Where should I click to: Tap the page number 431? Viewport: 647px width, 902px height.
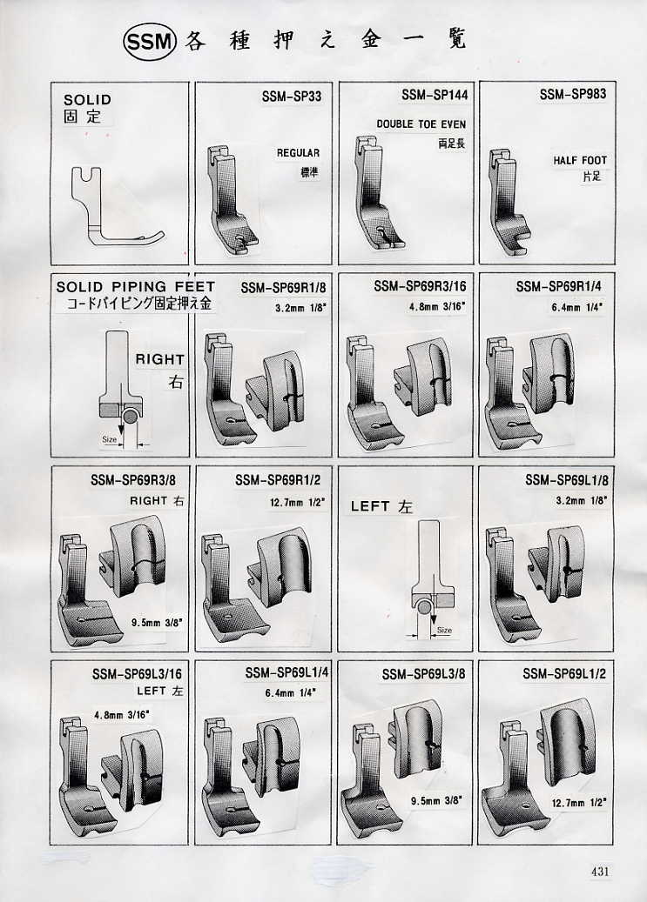(x=600, y=871)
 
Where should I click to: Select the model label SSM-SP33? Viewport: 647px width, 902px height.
(x=292, y=96)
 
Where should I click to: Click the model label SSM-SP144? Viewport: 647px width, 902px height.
(x=435, y=95)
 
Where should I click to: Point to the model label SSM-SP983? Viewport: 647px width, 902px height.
(x=573, y=94)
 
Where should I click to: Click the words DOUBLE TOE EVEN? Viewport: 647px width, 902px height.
(x=421, y=124)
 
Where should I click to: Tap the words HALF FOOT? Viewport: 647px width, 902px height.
(x=580, y=161)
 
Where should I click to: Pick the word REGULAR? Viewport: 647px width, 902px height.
(x=298, y=153)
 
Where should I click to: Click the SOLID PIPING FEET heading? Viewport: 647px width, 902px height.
(x=135, y=286)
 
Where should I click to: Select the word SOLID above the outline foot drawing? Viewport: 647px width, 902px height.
(x=88, y=99)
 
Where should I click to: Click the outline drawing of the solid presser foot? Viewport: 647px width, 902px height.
(x=118, y=205)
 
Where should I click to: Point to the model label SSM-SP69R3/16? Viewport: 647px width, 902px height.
(x=420, y=286)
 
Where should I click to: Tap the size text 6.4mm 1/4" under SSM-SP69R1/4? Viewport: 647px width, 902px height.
(x=577, y=308)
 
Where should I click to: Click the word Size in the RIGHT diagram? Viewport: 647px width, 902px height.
(x=110, y=439)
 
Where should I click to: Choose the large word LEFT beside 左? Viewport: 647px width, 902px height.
(x=370, y=506)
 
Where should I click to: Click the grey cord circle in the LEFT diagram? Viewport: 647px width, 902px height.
(x=425, y=606)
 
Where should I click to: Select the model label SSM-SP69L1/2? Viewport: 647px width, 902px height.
(x=564, y=673)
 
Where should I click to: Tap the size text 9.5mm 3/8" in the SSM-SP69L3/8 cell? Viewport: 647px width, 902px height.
(x=437, y=801)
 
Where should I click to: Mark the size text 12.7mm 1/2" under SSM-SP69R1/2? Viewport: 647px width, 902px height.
(x=297, y=503)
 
